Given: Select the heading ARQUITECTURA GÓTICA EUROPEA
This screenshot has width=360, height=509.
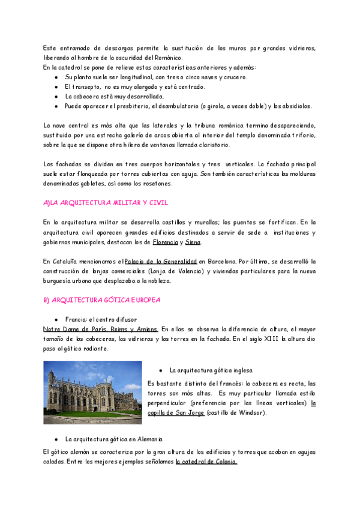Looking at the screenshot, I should [102, 300].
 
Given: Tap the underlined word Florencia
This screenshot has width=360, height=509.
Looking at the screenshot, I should [166, 242].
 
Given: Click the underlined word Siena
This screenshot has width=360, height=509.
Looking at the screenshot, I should [193, 242].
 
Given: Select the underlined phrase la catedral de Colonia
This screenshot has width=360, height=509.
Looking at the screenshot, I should [206, 462].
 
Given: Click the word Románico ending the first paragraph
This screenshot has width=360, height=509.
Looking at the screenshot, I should [169, 58].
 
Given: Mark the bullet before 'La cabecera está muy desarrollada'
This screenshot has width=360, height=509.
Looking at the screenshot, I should [56, 96].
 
